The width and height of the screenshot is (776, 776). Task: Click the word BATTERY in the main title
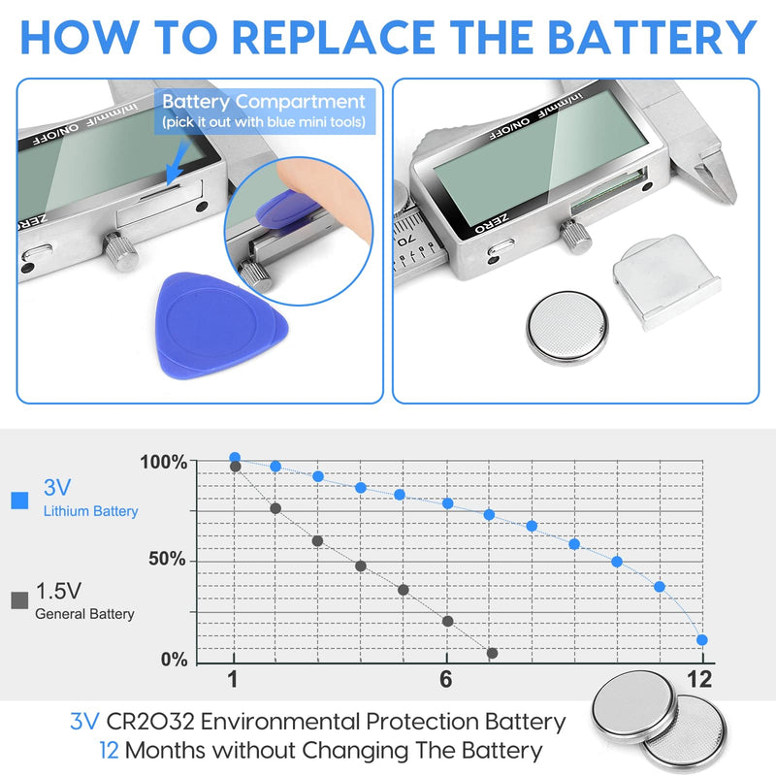[x=652, y=37]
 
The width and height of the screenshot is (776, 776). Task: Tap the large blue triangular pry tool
[x=217, y=324]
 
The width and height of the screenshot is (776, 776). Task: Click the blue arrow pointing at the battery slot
[x=178, y=162]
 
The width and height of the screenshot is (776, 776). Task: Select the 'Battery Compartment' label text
[x=264, y=102]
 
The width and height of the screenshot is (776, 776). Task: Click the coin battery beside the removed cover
[x=567, y=328]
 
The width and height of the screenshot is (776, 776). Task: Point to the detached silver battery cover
[x=666, y=281]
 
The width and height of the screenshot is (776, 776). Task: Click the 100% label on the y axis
[x=164, y=463]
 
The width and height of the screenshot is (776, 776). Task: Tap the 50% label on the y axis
[x=167, y=560]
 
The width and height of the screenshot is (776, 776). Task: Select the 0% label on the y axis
[x=175, y=660]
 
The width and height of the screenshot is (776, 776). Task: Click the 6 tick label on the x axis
[x=446, y=680]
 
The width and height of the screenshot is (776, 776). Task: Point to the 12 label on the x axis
[x=699, y=680]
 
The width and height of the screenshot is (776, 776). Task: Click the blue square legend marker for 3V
[x=19, y=501]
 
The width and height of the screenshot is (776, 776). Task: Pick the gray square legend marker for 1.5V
[x=19, y=600]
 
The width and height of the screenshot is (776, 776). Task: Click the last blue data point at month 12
[x=701, y=640]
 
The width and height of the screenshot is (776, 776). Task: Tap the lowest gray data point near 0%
[x=492, y=653]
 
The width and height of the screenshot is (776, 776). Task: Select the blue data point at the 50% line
[x=617, y=562]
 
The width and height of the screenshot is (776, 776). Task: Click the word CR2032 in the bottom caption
[x=150, y=722]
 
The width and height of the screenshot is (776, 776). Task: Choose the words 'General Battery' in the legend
[x=84, y=614]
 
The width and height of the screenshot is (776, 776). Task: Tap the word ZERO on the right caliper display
[x=492, y=224]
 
